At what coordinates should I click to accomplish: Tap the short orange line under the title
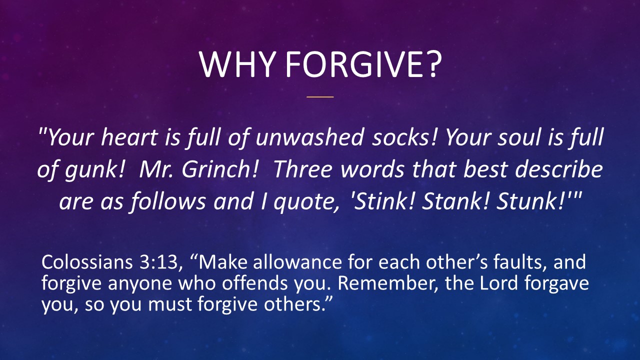[319, 96]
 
